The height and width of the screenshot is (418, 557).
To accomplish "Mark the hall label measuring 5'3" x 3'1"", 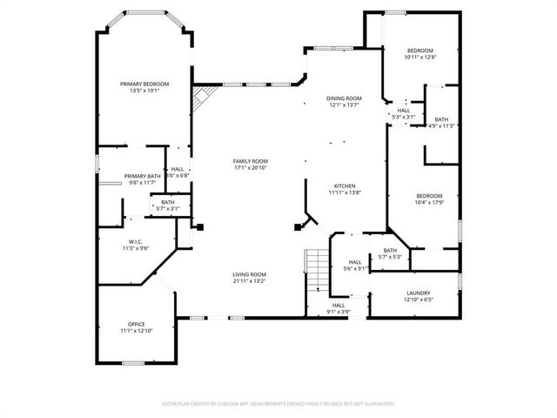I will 404,113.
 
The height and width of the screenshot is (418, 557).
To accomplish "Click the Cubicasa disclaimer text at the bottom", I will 278,404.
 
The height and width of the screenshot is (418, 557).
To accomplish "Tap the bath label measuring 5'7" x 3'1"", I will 167,206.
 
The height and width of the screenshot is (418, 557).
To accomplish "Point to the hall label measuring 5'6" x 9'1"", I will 355,266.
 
